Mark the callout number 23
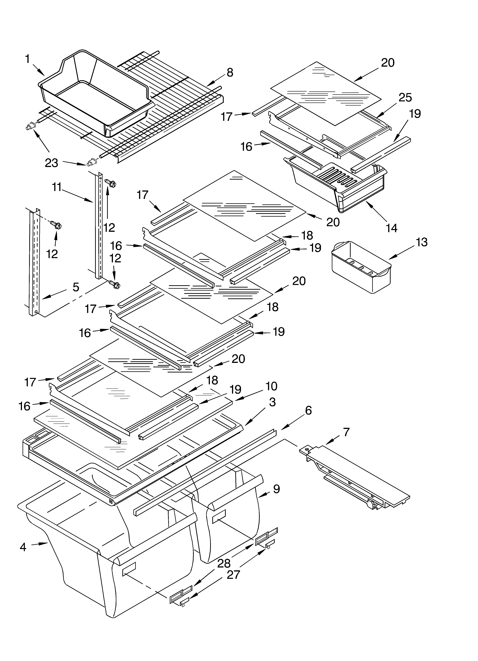[52, 163]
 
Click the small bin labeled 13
[361, 268]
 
